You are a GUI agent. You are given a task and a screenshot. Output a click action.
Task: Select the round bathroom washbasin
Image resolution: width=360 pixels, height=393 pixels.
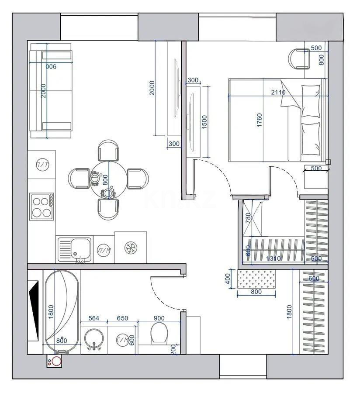pos(94,338)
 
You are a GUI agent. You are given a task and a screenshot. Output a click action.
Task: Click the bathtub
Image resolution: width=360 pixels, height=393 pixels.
pos(62,312)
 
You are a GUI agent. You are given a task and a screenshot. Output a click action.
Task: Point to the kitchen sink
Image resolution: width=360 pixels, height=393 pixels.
pos(75,249)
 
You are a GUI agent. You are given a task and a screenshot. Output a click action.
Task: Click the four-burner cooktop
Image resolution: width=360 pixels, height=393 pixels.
pos(41,206)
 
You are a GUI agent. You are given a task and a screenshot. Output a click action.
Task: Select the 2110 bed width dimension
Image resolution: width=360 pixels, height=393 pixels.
pos(278,92)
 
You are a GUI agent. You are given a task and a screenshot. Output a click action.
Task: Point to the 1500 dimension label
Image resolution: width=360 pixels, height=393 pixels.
pos(204,122)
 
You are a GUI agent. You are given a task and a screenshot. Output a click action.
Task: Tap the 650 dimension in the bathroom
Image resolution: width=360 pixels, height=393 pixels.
pos(123,318)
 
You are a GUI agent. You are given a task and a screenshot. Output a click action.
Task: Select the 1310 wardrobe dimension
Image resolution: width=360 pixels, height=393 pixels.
pos(273,259)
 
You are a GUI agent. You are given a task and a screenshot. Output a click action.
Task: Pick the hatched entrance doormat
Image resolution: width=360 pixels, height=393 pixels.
pos(257,279)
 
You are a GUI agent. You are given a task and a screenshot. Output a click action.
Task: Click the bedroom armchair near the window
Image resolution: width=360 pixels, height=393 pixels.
pos(299,59)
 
